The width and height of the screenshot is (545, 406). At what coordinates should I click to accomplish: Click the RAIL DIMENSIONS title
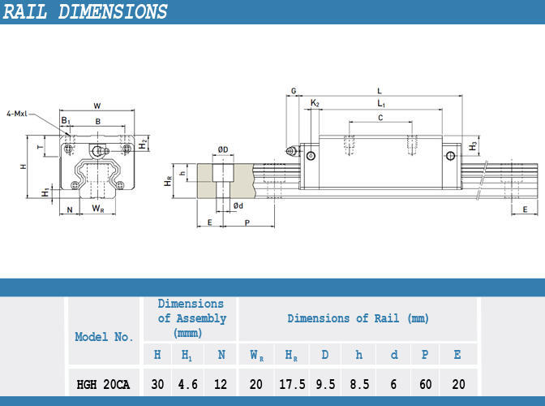pyautogui.click(x=85, y=12)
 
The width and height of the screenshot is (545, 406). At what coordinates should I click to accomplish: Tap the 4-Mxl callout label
pyautogui.click(x=17, y=114)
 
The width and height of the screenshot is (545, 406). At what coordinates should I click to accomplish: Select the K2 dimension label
pyautogui.click(x=315, y=103)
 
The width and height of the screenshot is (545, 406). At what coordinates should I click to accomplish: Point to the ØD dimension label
pyautogui.click(x=223, y=149)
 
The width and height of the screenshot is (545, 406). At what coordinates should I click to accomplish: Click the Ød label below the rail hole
pyautogui.click(x=238, y=205)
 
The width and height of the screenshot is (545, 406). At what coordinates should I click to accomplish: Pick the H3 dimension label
pyautogui.click(x=473, y=146)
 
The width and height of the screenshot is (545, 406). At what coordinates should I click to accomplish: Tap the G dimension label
pyautogui.click(x=294, y=91)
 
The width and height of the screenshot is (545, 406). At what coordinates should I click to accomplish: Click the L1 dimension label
pyautogui.click(x=381, y=103)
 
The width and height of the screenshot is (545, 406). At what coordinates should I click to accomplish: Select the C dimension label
pyautogui.click(x=380, y=118)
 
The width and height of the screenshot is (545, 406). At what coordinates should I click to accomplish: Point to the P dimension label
pyautogui.click(x=247, y=222)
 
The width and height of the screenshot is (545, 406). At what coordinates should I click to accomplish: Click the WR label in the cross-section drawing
pyautogui.click(x=98, y=209)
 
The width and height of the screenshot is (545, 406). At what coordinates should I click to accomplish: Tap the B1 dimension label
pyautogui.click(x=66, y=121)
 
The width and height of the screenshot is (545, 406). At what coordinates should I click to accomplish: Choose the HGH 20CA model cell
pyautogui.click(x=103, y=385)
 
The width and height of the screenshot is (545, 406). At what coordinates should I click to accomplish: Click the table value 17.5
pyautogui.click(x=292, y=384)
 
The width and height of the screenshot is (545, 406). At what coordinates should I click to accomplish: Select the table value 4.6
pyautogui.click(x=187, y=384)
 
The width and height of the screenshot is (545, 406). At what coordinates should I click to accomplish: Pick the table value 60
pyautogui.click(x=426, y=384)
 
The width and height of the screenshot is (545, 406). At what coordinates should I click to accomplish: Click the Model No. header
pyautogui.click(x=104, y=337)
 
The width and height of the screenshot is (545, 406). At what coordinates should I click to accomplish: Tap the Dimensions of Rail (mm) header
pyautogui.click(x=358, y=318)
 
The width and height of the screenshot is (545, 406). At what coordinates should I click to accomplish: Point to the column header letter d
pyautogui.click(x=394, y=355)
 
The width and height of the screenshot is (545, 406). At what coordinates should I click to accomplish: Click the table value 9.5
pyautogui.click(x=325, y=384)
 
